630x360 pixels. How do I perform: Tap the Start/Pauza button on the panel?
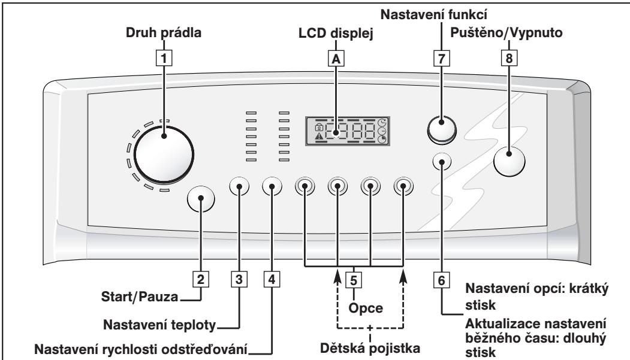(x=201, y=200)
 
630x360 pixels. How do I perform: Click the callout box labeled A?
(x=335, y=58)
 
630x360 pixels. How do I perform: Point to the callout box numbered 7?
(x=441, y=59)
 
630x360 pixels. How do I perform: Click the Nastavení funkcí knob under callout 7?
(x=442, y=127)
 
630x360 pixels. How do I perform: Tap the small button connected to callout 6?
(x=441, y=162)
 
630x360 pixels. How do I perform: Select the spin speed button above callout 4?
(x=272, y=187)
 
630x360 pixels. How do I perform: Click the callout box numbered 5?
(x=354, y=279)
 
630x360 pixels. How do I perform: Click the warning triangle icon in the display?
(x=318, y=137)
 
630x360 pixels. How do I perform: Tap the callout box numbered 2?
(x=201, y=279)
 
